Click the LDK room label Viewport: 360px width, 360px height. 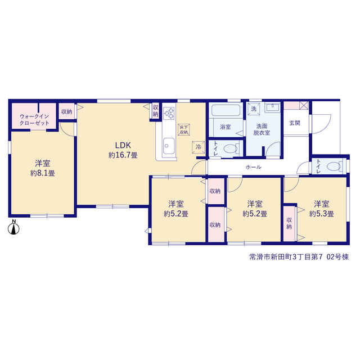(123, 145)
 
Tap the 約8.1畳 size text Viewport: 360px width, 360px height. (43, 173)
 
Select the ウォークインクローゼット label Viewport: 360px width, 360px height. (34, 120)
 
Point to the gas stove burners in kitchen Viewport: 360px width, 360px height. (169, 113)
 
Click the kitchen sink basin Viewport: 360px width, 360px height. (168, 146)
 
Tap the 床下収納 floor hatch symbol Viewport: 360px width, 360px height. (184, 130)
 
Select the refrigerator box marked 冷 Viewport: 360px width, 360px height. (198, 147)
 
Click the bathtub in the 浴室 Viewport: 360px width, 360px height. (226, 110)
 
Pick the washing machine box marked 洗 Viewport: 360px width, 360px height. (254, 109)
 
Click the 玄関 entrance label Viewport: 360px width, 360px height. (295, 123)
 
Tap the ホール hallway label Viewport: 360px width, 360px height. (254, 167)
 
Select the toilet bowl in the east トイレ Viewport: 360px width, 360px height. (334, 166)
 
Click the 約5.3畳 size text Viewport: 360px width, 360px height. (321, 214)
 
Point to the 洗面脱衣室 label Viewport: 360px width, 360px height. (262, 129)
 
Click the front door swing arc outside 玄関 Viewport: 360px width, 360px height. (324, 128)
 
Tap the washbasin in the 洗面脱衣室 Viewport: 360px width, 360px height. (272, 107)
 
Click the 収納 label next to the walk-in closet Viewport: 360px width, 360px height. (66, 112)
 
